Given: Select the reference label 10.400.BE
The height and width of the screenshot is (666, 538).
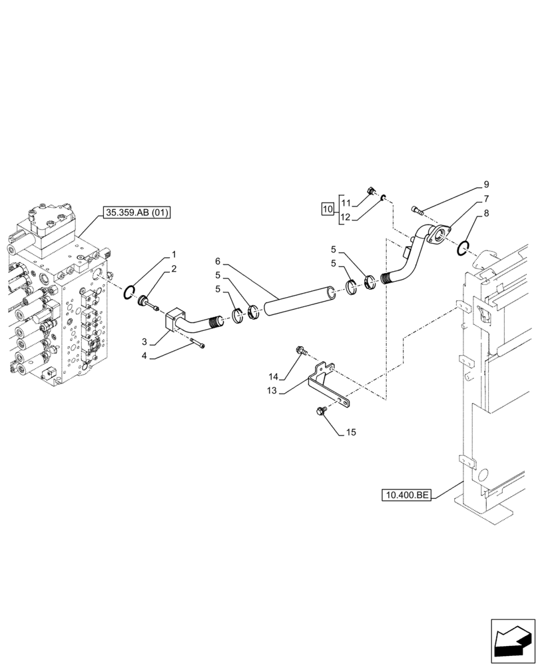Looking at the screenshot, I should pyautogui.click(x=407, y=495).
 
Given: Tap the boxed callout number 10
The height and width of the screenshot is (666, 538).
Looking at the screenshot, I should pyautogui.click(x=327, y=208).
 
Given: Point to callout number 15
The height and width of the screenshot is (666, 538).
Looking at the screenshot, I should pyautogui.click(x=351, y=432).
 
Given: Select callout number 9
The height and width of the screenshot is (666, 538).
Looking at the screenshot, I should pyautogui.click(x=486, y=184).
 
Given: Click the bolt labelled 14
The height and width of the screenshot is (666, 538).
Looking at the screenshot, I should pyautogui.click(x=300, y=350).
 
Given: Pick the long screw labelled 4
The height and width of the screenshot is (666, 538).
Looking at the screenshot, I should pyautogui.click(x=197, y=344).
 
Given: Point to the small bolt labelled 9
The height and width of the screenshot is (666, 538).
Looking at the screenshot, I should pyautogui.click(x=417, y=210).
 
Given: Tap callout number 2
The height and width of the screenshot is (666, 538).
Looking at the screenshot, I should pyautogui.click(x=174, y=268).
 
